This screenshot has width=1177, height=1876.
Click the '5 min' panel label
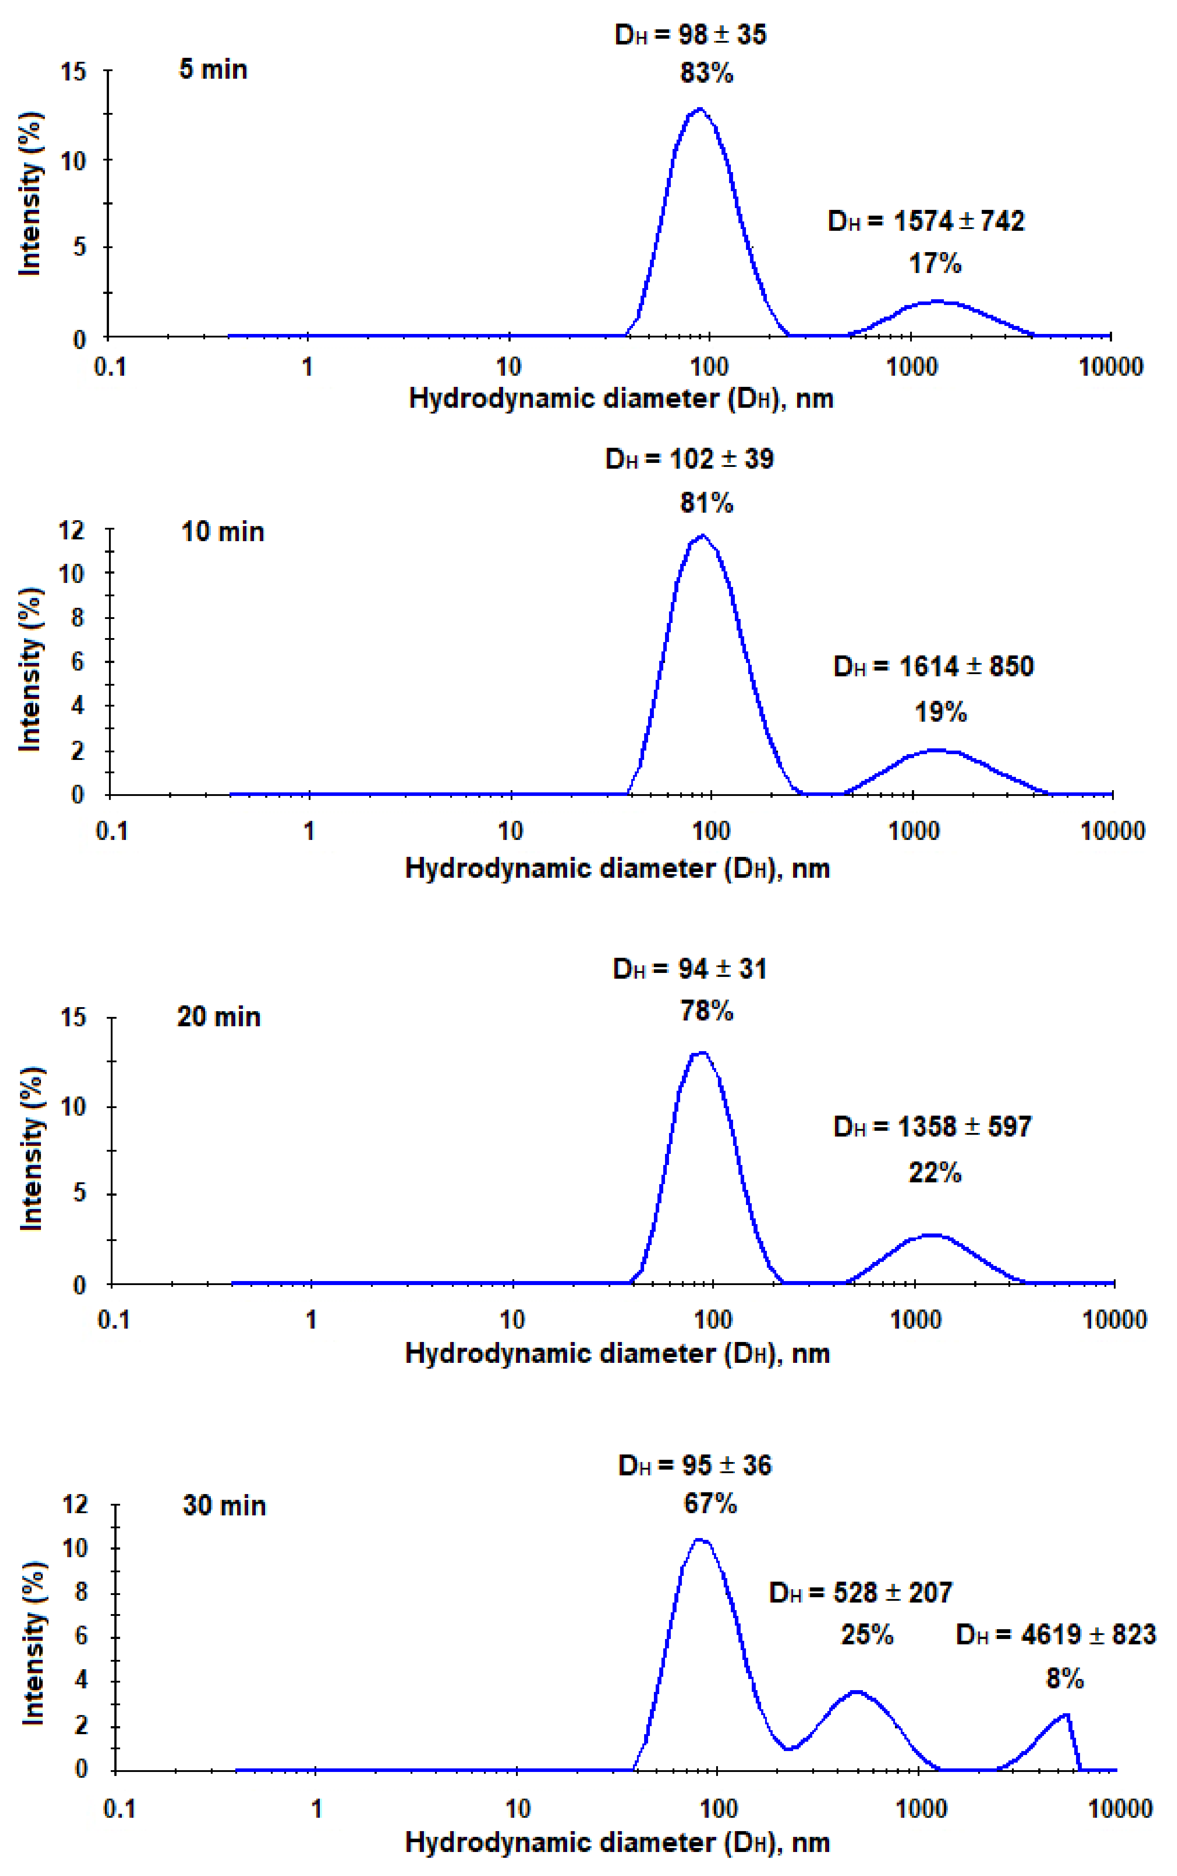[214, 69]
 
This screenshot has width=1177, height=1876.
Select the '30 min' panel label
[224, 1506]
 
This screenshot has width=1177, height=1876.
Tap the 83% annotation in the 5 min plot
[706, 73]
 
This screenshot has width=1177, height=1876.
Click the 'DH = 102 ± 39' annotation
[689, 459]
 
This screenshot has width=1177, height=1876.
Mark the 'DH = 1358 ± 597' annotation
[932, 1127]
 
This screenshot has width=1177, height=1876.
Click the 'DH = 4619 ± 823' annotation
[1056, 1635]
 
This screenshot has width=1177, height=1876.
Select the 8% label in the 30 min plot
[1064, 1679]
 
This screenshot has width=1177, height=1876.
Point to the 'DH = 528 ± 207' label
[860, 1593]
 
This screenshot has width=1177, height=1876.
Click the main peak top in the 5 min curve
[699, 109]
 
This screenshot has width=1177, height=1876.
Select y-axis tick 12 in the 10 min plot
[72, 530]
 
